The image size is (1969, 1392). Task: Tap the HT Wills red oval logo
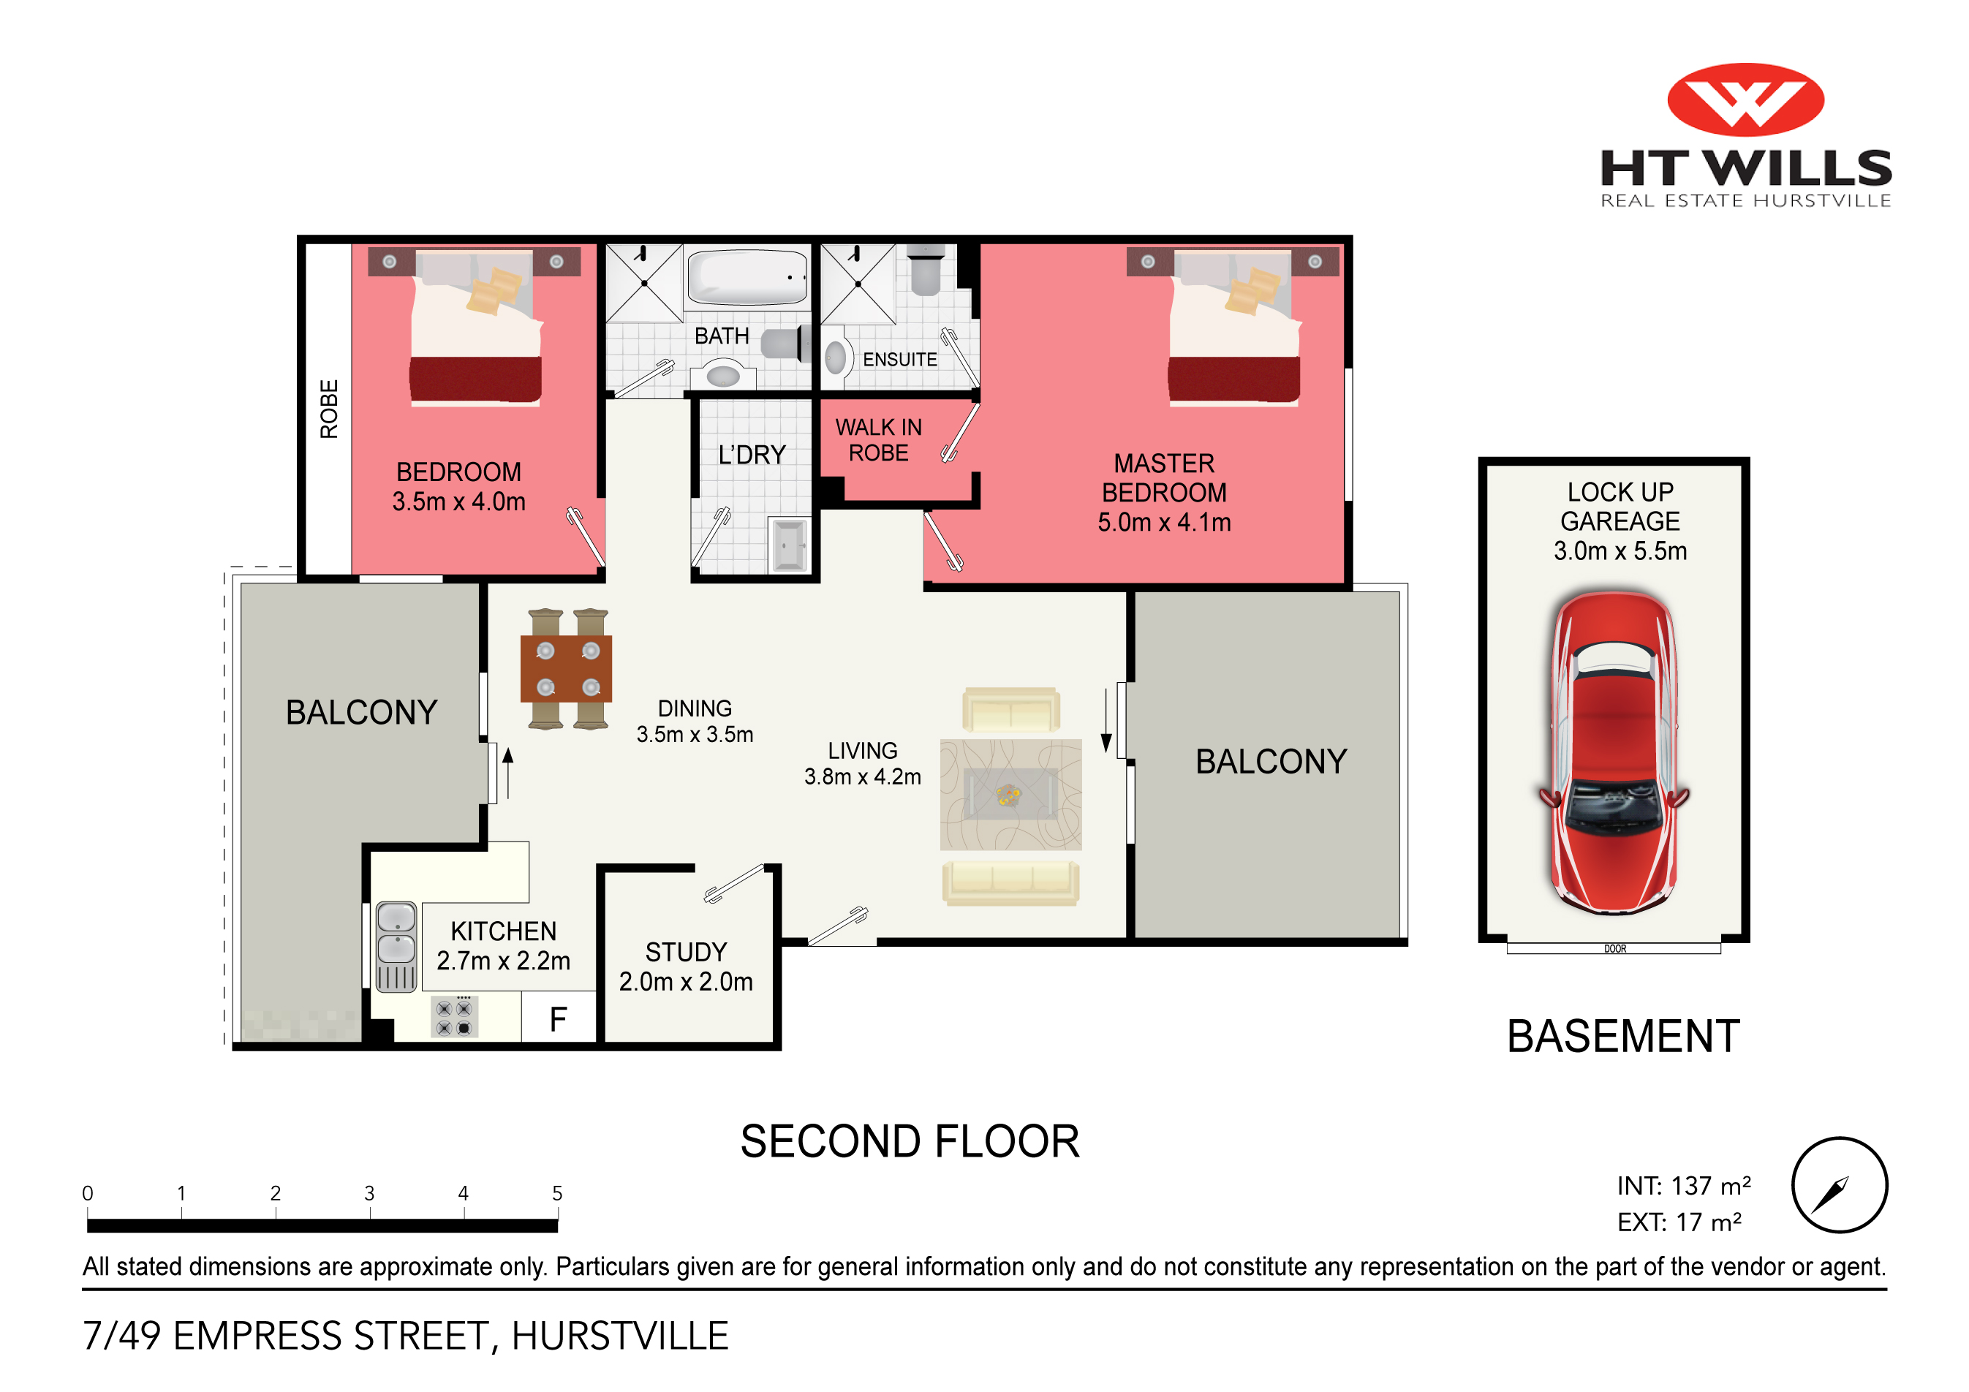pos(1745,99)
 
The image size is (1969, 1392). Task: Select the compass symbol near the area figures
pos(1840,1185)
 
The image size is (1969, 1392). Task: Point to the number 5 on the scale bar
pos(556,1193)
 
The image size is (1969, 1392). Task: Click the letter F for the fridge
pos(559,1019)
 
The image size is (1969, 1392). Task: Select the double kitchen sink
pos(396,947)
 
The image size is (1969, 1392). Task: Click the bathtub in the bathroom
pos(747,277)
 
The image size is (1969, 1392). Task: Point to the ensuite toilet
pos(926,268)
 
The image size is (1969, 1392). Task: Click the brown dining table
pos(566,669)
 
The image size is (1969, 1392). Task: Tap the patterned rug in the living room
pos(1010,794)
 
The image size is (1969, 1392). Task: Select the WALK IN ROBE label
pos(879,440)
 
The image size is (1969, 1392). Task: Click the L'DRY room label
pos(752,455)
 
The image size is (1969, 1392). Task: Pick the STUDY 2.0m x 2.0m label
pos(686,967)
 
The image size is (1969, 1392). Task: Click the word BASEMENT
pos(1623,1036)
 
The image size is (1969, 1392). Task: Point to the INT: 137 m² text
pos(1683,1185)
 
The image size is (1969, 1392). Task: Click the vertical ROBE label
pos(329,409)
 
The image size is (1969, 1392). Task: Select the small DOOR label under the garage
pos(1615,948)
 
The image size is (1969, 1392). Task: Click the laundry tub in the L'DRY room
pos(788,544)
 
